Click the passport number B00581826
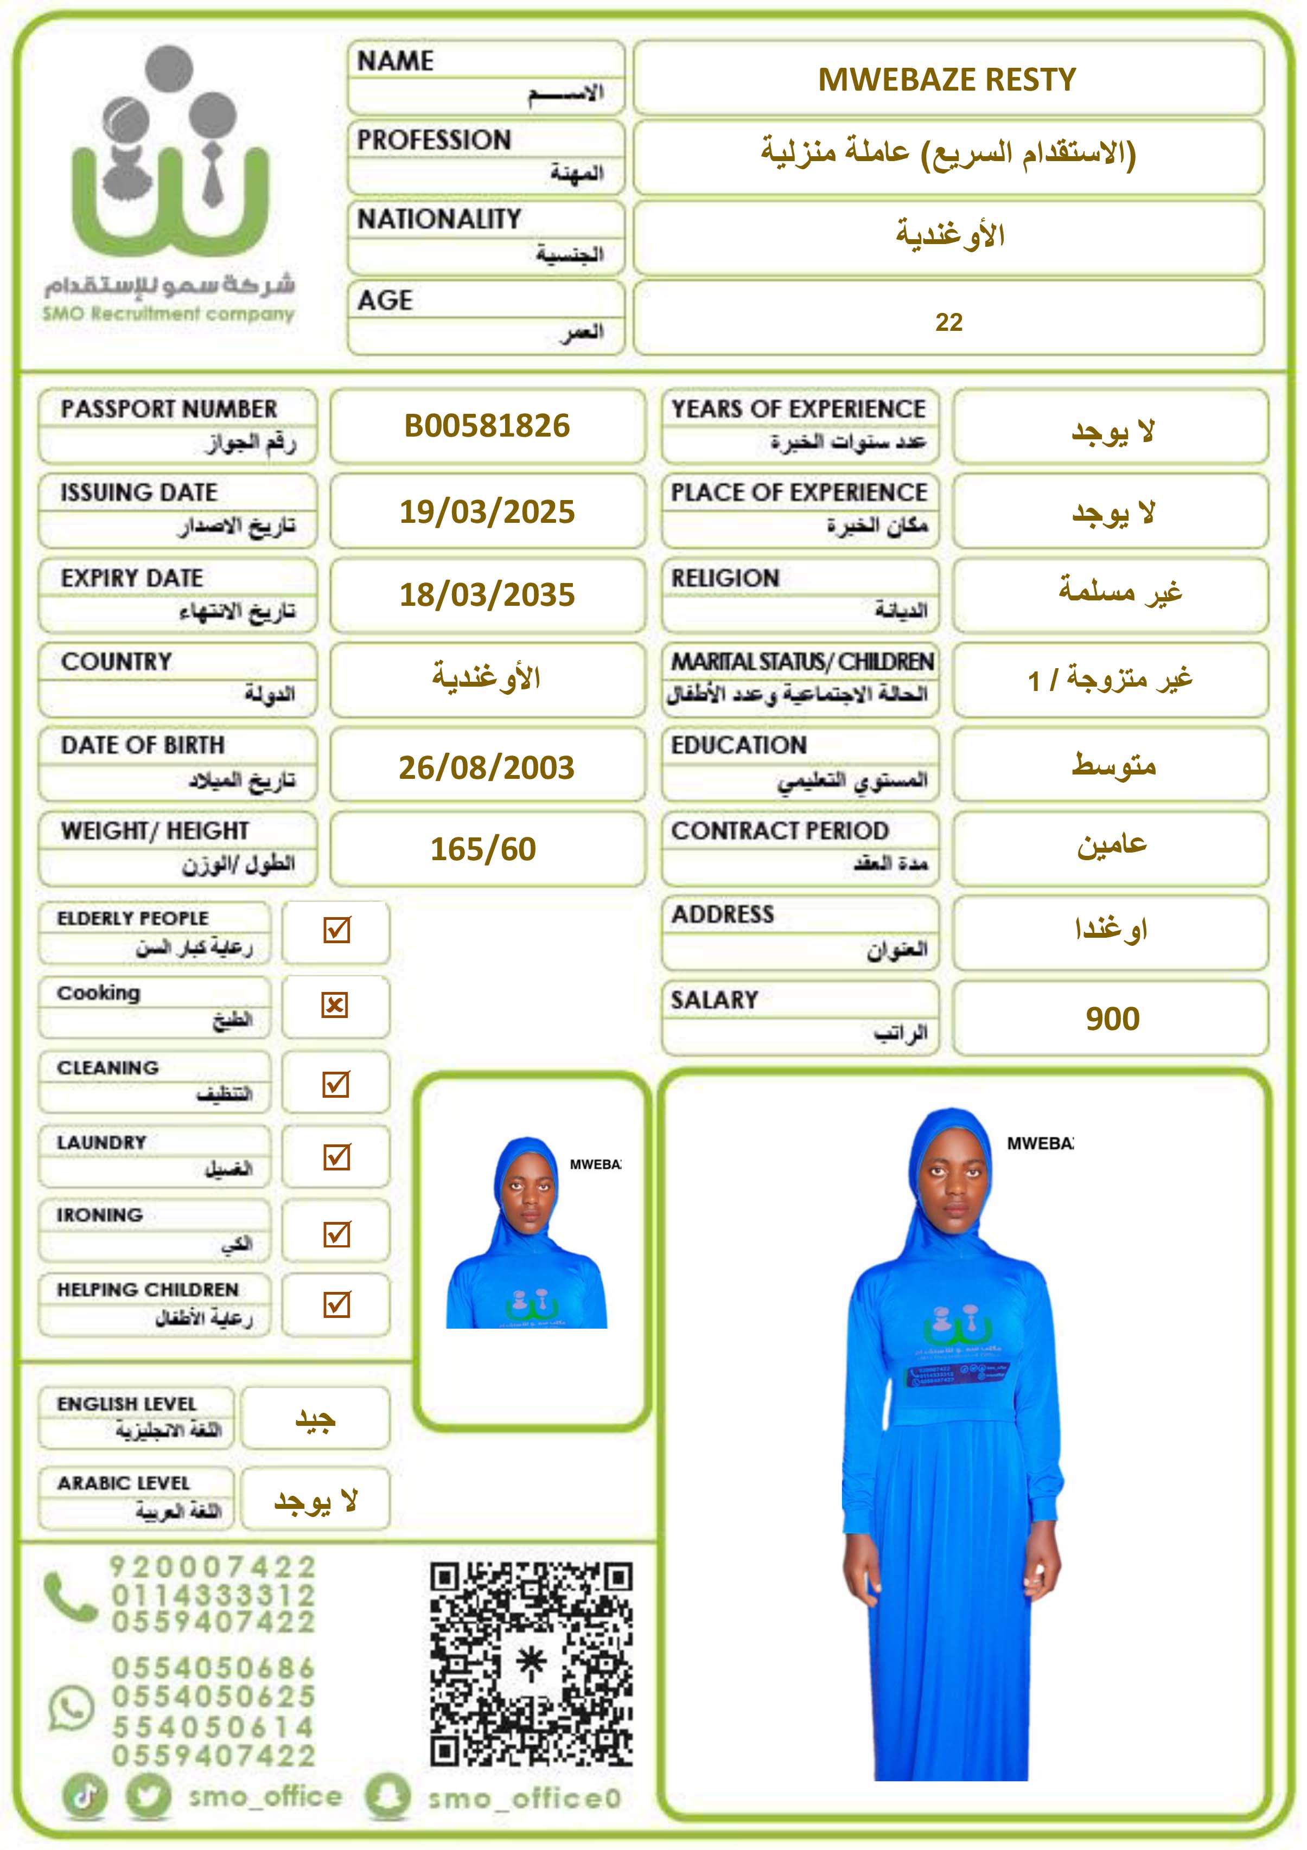coord(487,425)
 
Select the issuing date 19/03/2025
coord(487,511)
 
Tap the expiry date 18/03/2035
coord(487,594)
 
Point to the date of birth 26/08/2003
coord(487,767)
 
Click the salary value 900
coord(1112,1019)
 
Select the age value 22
coord(948,322)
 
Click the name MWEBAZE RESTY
coord(947,79)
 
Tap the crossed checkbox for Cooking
coord(335,1005)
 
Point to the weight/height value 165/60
coord(483,849)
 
